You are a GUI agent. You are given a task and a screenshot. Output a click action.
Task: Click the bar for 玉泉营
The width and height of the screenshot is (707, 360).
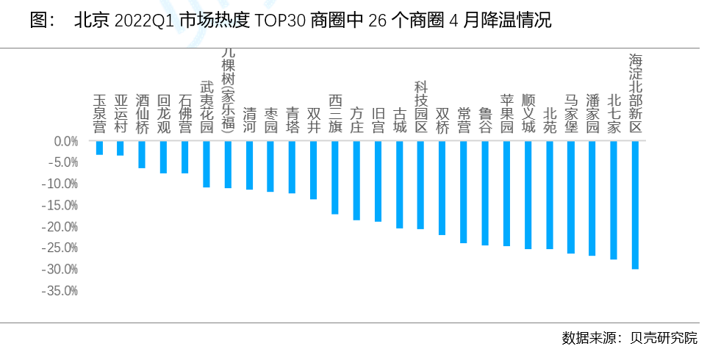[x=99, y=148]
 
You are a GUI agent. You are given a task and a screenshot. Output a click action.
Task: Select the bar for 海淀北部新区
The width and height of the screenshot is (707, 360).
[x=635, y=205]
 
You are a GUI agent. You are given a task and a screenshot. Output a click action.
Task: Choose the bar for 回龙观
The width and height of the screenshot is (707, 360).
[x=164, y=157]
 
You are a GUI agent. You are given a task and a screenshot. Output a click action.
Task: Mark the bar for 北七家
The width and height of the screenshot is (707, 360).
[x=614, y=200]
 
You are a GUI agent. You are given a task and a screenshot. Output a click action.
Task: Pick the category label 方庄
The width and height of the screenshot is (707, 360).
[x=356, y=120]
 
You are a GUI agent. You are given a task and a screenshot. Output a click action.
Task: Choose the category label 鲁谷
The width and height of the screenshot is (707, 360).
[x=485, y=120]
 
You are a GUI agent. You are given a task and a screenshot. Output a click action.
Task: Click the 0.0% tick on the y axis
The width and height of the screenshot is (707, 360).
[x=65, y=141]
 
